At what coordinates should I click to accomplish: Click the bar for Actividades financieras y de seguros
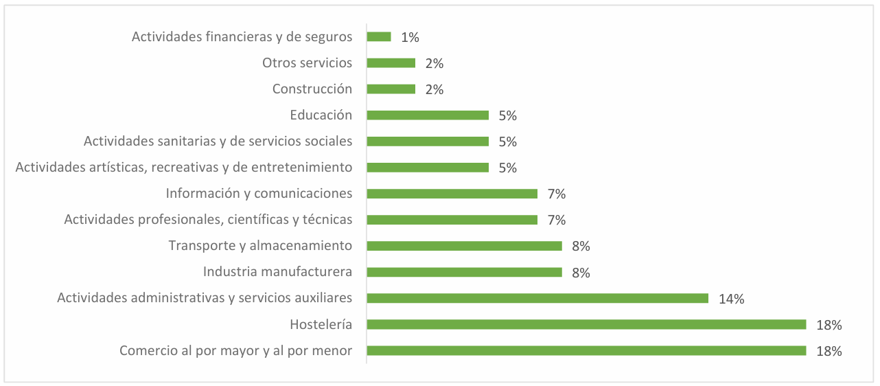pyautogui.click(x=379, y=37)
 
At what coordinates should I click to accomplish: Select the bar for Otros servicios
pyautogui.click(x=391, y=63)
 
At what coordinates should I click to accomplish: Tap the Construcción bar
pyautogui.click(x=391, y=89)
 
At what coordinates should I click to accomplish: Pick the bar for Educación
pyautogui.click(x=428, y=115)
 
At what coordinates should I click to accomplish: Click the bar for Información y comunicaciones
pyautogui.click(x=452, y=194)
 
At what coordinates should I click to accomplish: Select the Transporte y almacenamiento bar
pyautogui.click(x=464, y=246)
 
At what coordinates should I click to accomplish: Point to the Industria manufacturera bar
pyautogui.click(x=464, y=272)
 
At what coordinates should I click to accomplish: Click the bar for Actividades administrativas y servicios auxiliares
pyautogui.click(x=537, y=298)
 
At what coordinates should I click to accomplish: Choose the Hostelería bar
pyautogui.click(x=586, y=324)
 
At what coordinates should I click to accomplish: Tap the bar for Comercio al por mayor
pyautogui.click(x=586, y=350)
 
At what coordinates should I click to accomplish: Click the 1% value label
pyautogui.click(x=410, y=37)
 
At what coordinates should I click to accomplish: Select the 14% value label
pyautogui.click(x=731, y=299)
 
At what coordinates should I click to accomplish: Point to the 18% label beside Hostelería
pyautogui.click(x=829, y=325)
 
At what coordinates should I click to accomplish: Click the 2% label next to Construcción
pyautogui.click(x=435, y=90)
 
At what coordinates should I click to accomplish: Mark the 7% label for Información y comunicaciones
pyautogui.click(x=557, y=194)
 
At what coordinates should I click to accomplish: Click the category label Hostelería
pyautogui.click(x=321, y=324)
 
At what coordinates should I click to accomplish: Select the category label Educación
pyautogui.click(x=321, y=115)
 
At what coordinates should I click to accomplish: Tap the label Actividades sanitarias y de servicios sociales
pyautogui.click(x=218, y=141)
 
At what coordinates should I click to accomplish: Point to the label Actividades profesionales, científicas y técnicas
pyautogui.click(x=208, y=220)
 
